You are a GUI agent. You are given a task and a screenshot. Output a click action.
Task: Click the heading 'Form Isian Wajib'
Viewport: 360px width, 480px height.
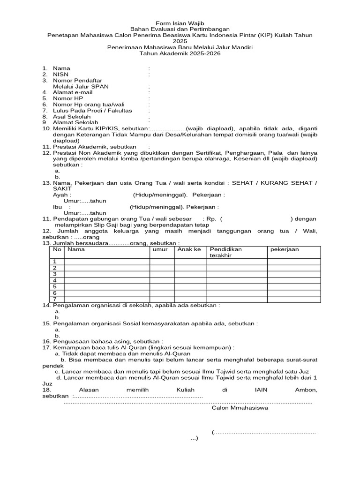coord(180,23)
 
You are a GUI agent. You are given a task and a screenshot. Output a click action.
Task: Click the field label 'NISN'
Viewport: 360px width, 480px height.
coord(60,74)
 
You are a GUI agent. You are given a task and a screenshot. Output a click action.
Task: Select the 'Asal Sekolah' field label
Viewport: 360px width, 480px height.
coord(72,116)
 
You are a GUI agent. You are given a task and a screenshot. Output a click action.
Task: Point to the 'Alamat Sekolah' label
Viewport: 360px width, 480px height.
coord(75,122)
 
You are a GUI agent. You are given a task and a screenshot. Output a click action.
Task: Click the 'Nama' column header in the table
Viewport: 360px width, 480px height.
coord(76,249)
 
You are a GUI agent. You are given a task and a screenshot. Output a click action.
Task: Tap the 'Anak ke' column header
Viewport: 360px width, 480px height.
coord(189,249)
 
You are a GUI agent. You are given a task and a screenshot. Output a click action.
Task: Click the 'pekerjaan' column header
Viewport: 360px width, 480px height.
coord(285,249)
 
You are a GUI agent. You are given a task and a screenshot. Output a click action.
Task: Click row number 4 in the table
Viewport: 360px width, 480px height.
coord(55,280)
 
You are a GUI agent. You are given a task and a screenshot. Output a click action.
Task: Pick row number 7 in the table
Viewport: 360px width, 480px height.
coord(55,299)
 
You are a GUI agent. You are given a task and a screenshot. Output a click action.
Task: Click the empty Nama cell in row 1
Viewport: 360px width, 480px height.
coord(107,262)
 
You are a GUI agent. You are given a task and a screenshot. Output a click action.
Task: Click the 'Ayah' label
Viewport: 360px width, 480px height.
coord(62,195)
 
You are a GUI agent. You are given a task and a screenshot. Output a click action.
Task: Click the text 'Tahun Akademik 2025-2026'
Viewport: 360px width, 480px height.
coord(180,53)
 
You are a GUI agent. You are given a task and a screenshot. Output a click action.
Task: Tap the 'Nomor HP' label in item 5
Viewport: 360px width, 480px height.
coord(68,98)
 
